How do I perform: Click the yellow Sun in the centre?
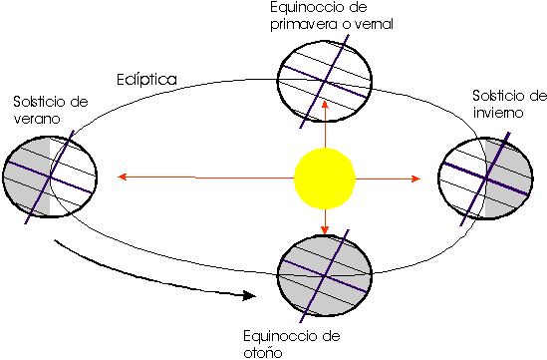click(325, 179)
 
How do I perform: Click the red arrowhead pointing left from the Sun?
click(122, 179)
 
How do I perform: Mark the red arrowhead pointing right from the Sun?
click(416, 179)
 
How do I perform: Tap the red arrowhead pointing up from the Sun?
click(326, 121)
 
